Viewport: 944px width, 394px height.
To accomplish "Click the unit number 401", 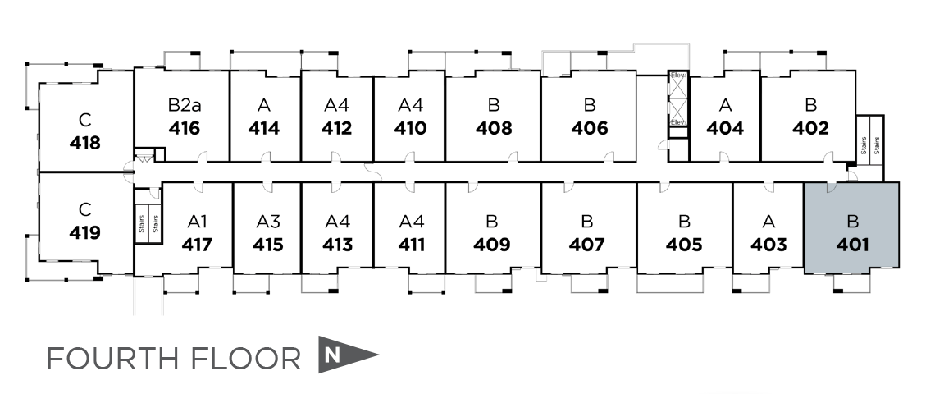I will (851, 245).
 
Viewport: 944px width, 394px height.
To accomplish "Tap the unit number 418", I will (85, 143).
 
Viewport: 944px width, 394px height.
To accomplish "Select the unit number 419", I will (85, 233).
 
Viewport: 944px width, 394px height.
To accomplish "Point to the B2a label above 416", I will (184, 105).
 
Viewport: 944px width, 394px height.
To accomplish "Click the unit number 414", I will (264, 129).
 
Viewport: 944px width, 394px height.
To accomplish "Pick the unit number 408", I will (494, 129).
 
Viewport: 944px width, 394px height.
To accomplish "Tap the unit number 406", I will (590, 129).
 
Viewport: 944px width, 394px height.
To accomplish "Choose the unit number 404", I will (725, 129).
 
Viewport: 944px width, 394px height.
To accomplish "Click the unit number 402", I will (810, 129).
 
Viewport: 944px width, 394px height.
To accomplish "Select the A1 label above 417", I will (197, 221).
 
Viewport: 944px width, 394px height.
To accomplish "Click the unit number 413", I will (337, 245).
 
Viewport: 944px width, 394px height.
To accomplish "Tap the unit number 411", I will (410, 245).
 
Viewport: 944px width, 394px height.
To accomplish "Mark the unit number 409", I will (492, 245).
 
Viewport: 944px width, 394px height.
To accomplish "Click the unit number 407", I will (587, 245).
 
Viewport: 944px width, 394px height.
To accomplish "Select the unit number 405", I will (684, 245).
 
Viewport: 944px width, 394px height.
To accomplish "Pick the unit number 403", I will (768, 245).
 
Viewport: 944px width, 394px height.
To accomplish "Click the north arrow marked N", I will (344, 355).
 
